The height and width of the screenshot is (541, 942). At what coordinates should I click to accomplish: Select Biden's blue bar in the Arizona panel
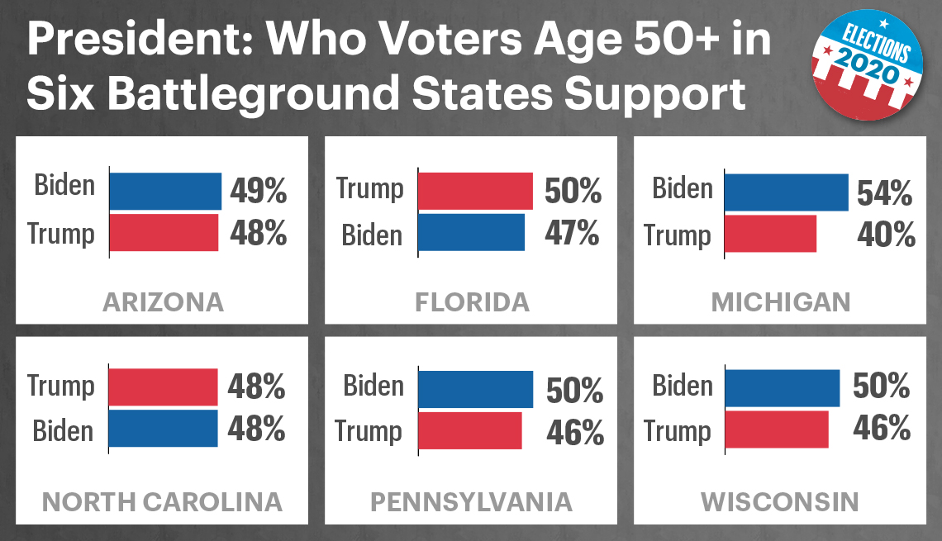[x=165, y=191]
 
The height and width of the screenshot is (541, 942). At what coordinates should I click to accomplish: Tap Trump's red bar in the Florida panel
[x=475, y=191]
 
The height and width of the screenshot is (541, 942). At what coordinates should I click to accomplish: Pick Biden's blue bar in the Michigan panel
[x=786, y=192]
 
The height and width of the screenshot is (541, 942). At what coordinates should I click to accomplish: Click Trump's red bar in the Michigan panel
[x=771, y=234]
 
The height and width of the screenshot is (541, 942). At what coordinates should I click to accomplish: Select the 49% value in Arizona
[x=259, y=192]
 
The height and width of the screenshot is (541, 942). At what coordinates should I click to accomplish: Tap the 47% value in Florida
[x=572, y=234]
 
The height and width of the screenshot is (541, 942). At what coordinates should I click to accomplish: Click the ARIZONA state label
[x=163, y=301]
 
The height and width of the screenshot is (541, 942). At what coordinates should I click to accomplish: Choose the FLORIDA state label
[x=472, y=301]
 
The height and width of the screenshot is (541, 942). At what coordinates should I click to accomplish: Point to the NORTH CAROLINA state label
[x=162, y=501]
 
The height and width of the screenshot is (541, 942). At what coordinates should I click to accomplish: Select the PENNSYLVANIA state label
[x=471, y=501]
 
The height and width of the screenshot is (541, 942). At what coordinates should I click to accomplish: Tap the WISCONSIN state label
[x=780, y=501]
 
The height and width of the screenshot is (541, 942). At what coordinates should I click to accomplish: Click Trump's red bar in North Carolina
[x=163, y=387]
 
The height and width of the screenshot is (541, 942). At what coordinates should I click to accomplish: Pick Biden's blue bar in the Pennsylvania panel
[x=475, y=389]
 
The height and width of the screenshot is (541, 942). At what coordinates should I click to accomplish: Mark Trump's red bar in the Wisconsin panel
[x=777, y=429]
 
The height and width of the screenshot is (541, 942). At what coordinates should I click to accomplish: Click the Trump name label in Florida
[x=369, y=189]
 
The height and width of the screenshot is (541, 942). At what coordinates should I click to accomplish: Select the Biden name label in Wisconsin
[x=682, y=387]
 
